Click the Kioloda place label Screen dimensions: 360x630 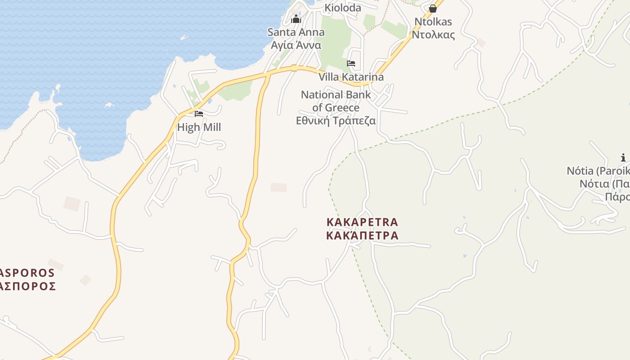343,8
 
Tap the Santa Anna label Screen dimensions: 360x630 296,32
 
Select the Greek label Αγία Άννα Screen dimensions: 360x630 296,45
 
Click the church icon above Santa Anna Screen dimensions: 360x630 296,19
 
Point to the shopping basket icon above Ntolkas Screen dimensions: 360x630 433,9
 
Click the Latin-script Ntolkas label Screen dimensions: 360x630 433,22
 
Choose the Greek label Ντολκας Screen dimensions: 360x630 433,35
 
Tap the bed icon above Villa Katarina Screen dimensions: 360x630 351,63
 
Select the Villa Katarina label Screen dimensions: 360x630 351,77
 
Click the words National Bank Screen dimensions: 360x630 336,95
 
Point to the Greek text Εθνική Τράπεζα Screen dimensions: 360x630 336,121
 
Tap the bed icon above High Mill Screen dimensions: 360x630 199,114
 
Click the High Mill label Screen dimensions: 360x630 199,127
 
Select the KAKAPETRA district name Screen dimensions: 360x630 362,222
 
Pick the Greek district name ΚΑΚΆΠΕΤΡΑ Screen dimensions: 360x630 362,235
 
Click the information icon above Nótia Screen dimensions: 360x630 623,157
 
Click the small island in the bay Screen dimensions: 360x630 108,105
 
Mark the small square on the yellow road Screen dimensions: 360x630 294,68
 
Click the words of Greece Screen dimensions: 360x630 336,108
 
